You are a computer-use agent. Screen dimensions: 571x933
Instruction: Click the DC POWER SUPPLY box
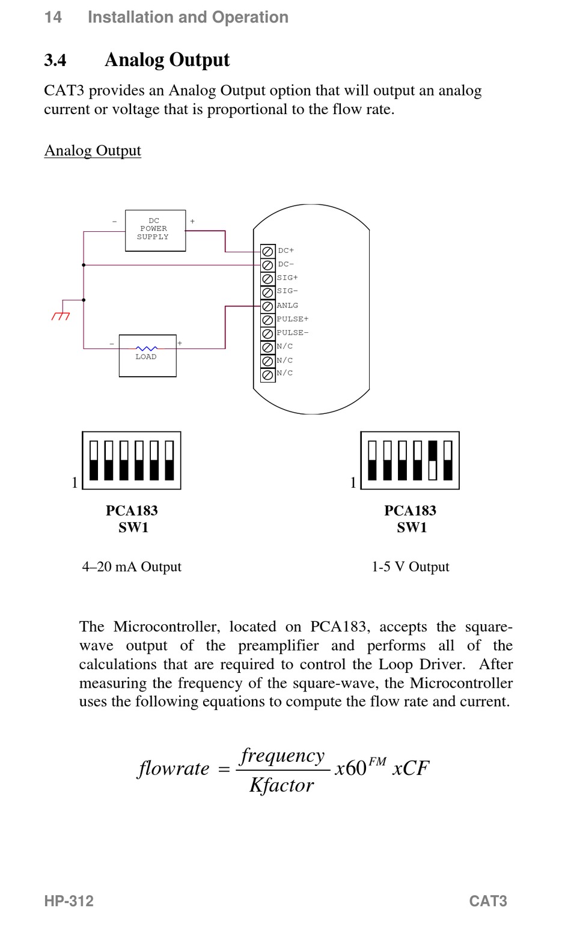click(x=156, y=230)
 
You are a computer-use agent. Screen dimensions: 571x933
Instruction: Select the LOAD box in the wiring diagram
click(x=147, y=356)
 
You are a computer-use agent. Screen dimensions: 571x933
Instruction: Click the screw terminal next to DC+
click(x=267, y=251)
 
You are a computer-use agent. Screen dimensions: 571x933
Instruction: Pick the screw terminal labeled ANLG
click(x=267, y=306)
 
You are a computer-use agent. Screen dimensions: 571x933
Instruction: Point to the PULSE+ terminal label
click(x=293, y=319)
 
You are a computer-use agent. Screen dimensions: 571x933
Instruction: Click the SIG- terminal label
click(x=287, y=291)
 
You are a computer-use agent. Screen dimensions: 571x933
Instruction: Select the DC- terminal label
click(x=286, y=264)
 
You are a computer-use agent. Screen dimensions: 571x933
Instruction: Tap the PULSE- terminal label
click(x=293, y=333)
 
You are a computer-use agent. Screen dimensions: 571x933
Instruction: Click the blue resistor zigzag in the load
click(x=147, y=348)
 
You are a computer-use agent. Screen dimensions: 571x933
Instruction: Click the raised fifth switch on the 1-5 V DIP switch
click(x=433, y=451)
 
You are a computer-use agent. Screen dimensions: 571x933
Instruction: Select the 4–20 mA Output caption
click(x=132, y=567)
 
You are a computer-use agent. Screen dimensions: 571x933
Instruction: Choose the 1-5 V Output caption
click(x=411, y=567)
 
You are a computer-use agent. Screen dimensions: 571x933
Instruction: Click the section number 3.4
click(x=55, y=60)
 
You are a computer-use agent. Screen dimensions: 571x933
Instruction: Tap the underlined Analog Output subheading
click(x=93, y=150)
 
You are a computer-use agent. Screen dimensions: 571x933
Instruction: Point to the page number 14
click(x=53, y=17)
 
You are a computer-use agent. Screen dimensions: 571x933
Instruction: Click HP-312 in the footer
click(x=69, y=901)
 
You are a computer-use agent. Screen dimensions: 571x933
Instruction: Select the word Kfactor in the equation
click(x=282, y=786)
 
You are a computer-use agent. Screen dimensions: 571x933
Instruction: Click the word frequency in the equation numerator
click(x=282, y=756)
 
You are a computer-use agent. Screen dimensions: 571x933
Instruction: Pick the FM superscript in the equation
click(x=377, y=762)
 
